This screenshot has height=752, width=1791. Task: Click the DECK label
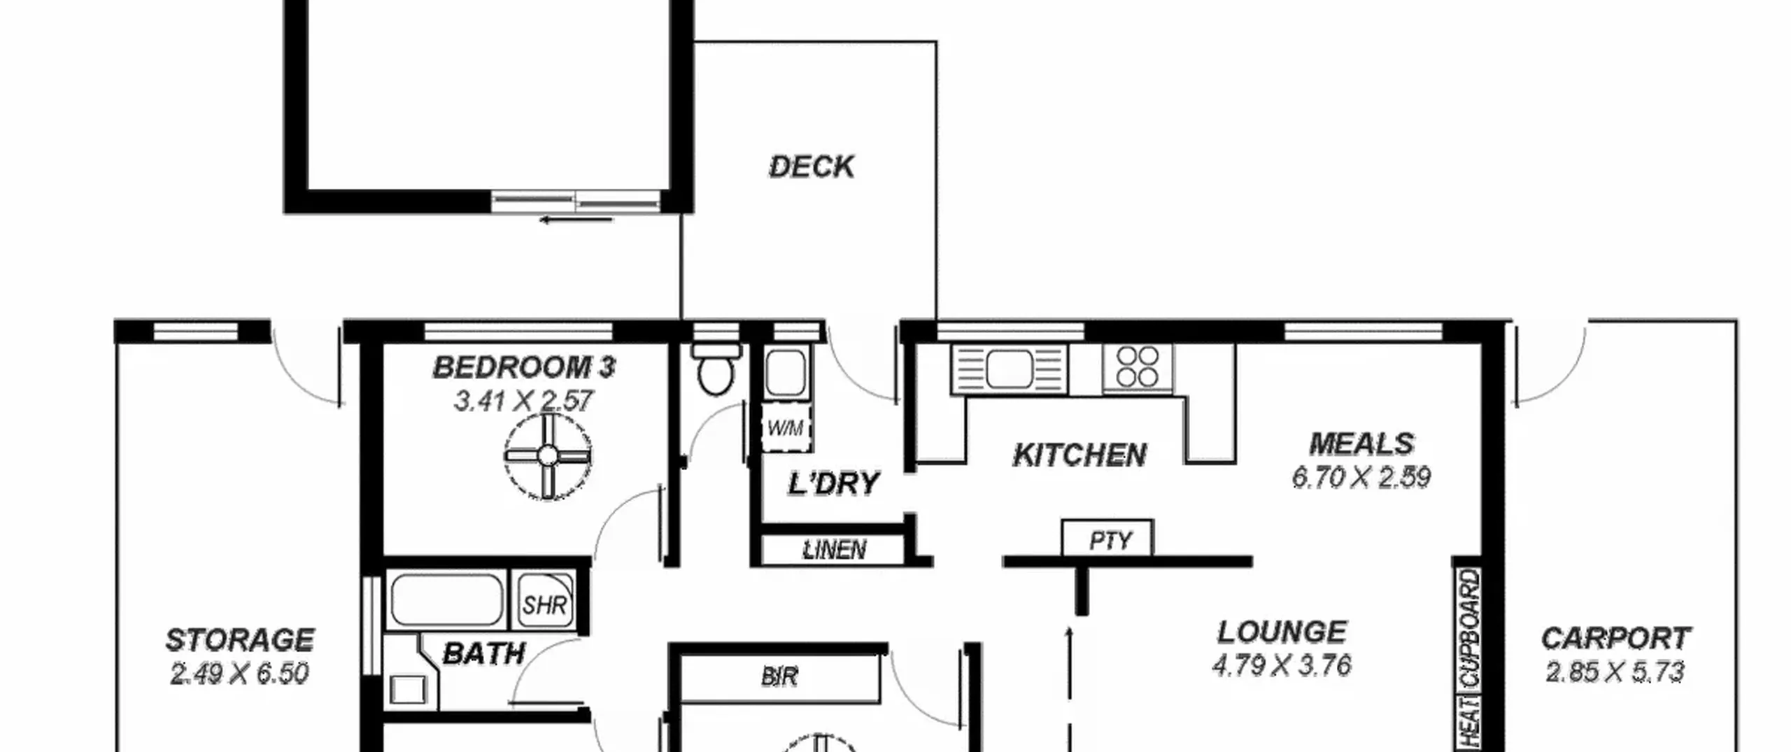812,167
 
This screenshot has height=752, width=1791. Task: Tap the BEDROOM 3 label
524,368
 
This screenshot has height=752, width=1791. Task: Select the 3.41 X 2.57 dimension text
523,402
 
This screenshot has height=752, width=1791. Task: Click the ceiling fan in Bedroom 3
548,457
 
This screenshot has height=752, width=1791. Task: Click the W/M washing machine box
786,427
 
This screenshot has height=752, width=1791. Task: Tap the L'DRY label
833,484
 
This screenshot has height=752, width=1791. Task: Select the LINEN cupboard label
834,550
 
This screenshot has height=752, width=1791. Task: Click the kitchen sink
1009,369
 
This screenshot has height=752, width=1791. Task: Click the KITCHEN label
1079,455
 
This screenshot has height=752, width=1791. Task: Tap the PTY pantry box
1107,539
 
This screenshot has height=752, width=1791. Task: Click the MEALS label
1361,444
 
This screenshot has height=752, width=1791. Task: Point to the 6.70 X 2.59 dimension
1361,478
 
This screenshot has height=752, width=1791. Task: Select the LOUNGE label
1282,632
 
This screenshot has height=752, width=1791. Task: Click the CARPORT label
1615,638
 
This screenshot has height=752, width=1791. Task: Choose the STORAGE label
239,640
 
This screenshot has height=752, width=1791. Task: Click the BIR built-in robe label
779,677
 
